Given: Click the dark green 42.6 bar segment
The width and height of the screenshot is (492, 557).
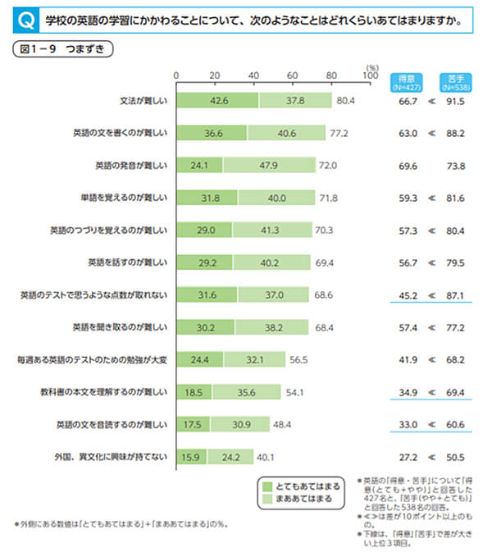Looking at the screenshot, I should pyautogui.click(x=217, y=101).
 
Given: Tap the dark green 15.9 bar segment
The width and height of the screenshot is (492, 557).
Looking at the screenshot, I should pyautogui.click(x=191, y=457).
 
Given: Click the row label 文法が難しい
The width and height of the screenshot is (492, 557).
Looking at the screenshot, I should pyautogui.click(x=143, y=101).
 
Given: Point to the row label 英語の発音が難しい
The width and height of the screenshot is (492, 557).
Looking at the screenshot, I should pyautogui.click(x=132, y=165).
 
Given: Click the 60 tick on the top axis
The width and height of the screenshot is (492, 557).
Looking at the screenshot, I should pyautogui.click(x=292, y=75).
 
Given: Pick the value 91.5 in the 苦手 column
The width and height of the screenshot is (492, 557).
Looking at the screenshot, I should pyautogui.click(x=456, y=101).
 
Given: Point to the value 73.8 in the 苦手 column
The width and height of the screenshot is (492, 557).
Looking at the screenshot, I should pyautogui.click(x=456, y=165).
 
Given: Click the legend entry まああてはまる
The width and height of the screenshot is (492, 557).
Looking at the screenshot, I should pyautogui.click(x=301, y=499).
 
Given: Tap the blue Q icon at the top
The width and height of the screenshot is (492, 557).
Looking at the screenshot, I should pyautogui.click(x=27, y=17).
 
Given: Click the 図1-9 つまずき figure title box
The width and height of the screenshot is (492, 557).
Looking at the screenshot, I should pyautogui.click(x=62, y=48).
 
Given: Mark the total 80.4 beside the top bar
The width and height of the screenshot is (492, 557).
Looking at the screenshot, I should pyautogui.click(x=344, y=101).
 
